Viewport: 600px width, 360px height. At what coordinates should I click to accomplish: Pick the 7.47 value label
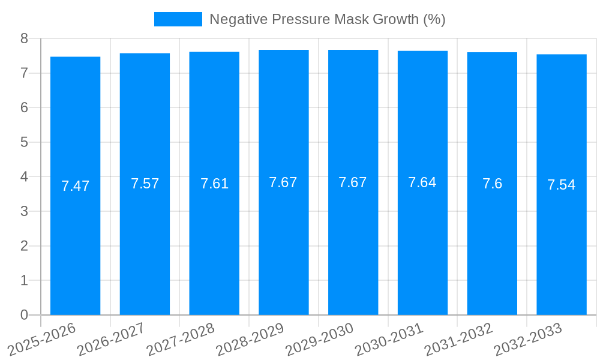(x=75, y=186)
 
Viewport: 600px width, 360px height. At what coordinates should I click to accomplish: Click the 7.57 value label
(x=145, y=184)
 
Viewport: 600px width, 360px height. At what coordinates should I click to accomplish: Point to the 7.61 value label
(x=214, y=184)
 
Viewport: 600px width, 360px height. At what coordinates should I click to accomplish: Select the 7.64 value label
(x=422, y=182)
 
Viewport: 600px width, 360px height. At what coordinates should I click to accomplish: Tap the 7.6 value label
(x=492, y=184)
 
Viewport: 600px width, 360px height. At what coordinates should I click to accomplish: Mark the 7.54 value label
(x=562, y=185)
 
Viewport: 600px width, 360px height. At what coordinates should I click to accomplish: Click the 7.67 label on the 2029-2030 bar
(x=353, y=182)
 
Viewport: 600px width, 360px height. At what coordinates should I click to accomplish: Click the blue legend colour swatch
(x=178, y=19)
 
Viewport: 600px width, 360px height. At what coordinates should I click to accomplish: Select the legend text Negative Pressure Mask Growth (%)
(x=327, y=19)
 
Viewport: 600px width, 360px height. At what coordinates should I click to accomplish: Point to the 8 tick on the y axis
(x=25, y=38)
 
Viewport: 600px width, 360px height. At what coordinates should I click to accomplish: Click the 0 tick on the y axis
(x=25, y=315)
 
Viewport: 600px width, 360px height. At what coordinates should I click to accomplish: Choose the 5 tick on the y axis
(x=25, y=142)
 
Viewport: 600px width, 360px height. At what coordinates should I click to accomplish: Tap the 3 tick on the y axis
(x=25, y=211)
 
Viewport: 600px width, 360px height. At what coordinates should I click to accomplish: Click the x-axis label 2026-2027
(x=111, y=339)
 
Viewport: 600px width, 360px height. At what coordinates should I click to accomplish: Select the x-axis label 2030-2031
(x=389, y=339)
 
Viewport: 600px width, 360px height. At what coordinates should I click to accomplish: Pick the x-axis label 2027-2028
(x=181, y=339)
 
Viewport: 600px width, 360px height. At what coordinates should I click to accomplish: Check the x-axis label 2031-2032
(x=459, y=339)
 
